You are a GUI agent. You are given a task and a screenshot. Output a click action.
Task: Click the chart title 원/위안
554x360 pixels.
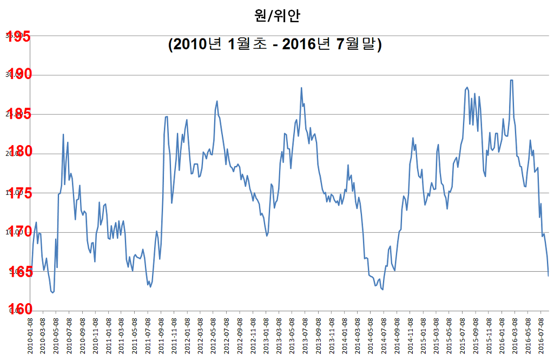click(x=276, y=16)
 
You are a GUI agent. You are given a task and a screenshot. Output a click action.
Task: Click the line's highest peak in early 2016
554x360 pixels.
click(x=511, y=80)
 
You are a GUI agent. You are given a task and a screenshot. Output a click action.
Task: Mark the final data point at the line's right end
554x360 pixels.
click(x=549, y=276)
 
